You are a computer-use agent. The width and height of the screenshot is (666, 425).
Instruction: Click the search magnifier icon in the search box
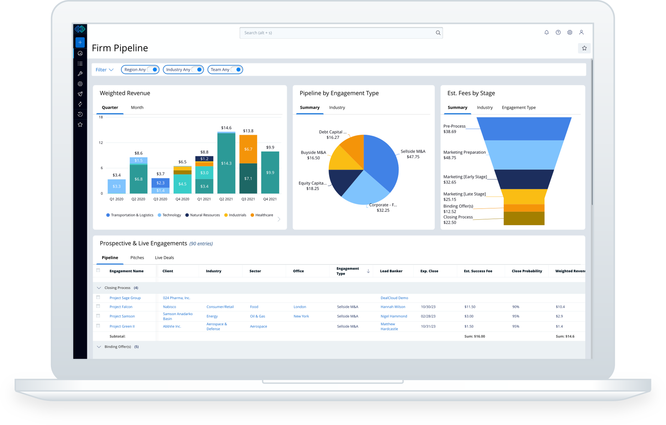coord(438,33)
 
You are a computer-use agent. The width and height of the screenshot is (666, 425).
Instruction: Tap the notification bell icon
coord(546,32)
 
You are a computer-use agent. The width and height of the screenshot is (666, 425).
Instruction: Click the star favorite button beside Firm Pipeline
coord(584,48)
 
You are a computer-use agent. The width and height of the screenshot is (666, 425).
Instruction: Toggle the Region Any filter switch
coord(153,70)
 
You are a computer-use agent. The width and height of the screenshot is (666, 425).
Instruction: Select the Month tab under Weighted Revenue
coord(137,107)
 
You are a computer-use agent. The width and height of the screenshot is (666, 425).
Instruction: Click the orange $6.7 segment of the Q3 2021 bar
coord(248,149)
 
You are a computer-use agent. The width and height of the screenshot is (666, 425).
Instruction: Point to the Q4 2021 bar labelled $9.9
coord(270,173)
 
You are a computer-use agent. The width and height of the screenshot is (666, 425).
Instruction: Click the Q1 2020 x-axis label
coord(116,199)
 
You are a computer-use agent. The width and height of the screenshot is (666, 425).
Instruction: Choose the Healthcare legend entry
coord(262,215)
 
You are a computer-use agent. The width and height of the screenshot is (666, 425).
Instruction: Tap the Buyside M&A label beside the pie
coord(313,153)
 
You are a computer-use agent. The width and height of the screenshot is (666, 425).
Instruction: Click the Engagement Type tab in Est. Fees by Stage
coord(518,107)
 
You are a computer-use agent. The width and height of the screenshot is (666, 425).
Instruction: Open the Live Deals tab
coord(164,258)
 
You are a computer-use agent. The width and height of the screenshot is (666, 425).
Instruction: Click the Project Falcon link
coord(121,307)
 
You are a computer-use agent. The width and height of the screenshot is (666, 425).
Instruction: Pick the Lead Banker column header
coord(391,271)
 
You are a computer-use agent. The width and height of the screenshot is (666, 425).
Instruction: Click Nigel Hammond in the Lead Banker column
coord(394,316)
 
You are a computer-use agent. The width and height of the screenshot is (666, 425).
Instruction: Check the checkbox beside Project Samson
coord(98,316)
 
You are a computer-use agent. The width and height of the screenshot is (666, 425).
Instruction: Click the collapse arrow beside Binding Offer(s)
coord(99,347)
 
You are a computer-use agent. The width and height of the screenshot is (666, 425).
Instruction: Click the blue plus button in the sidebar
coord(80,42)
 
